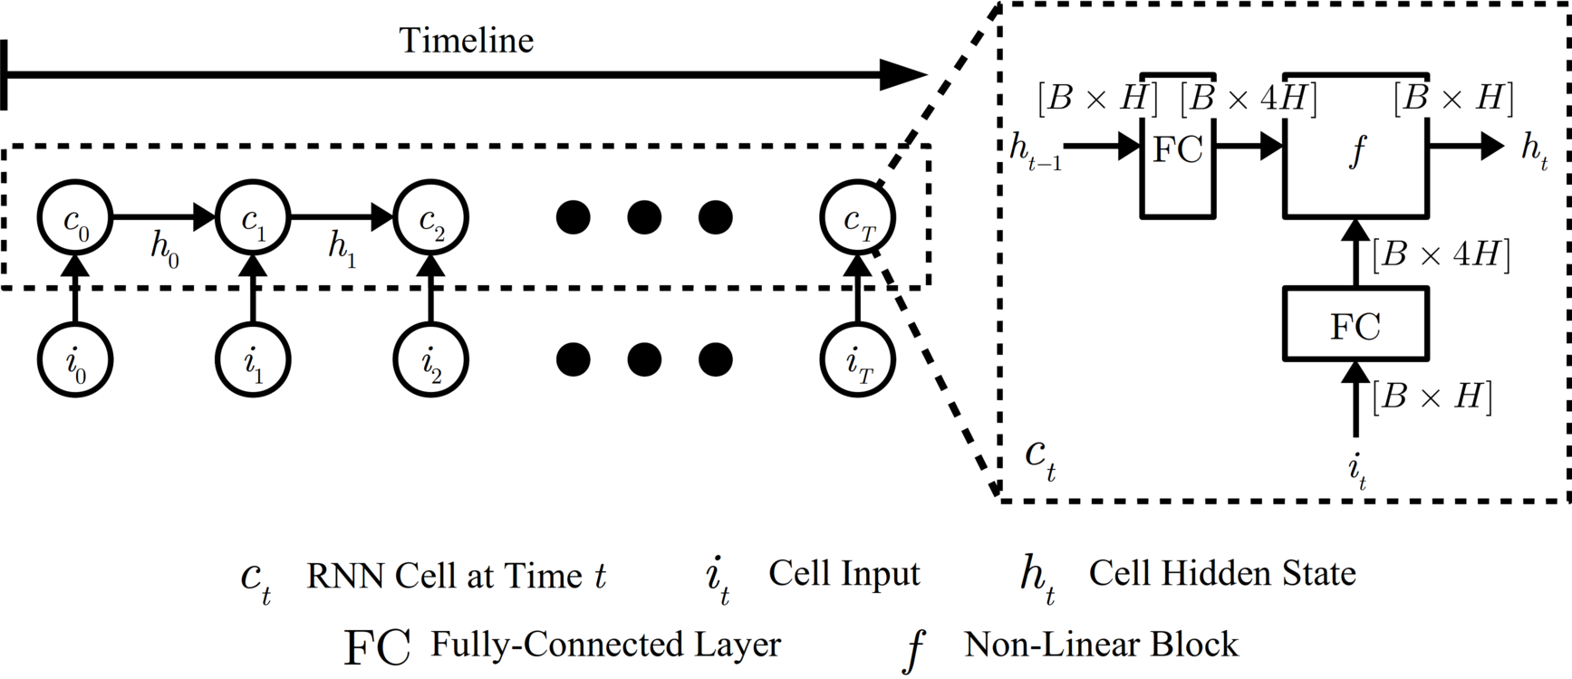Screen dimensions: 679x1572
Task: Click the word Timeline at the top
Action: click(x=467, y=40)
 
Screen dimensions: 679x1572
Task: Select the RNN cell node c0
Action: click(x=74, y=218)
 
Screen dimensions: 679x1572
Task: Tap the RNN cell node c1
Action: click(x=253, y=218)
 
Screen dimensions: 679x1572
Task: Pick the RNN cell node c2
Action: click(x=431, y=218)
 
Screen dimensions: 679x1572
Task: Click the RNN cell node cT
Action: click(x=857, y=218)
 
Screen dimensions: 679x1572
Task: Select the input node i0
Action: click(x=74, y=361)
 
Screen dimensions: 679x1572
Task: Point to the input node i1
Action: click(x=253, y=361)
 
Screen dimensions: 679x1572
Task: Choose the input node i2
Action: click(x=431, y=361)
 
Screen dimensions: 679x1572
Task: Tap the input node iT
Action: click(x=857, y=361)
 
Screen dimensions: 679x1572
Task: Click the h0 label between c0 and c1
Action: click(x=165, y=250)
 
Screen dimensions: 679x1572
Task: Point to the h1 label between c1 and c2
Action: click(x=342, y=250)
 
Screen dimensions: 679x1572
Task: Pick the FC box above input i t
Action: click(x=1355, y=324)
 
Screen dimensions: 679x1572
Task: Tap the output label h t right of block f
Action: click(x=1534, y=150)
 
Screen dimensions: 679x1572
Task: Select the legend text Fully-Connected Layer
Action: click(x=605, y=645)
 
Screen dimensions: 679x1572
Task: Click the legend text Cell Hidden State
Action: click(x=1221, y=573)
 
